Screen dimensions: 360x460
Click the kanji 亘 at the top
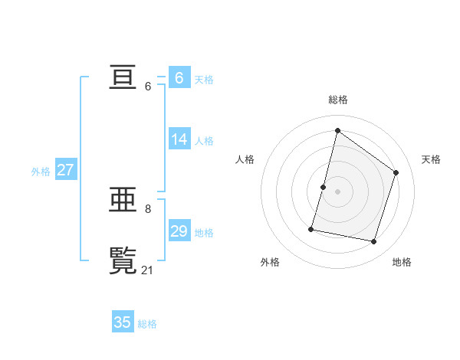click(123, 77)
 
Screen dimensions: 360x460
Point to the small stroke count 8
click(148, 208)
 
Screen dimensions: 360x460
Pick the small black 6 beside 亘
click(148, 86)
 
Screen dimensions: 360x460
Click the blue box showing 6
click(179, 78)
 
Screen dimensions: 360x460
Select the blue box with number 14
click(179, 139)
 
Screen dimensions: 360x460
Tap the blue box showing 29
click(179, 231)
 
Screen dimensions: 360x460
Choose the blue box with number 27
click(65, 170)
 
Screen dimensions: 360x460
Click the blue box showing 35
click(123, 322)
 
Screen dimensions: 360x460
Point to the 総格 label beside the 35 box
click(147, 324)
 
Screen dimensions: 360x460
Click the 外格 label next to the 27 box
click(41, 172)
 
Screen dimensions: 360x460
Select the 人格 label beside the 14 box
click(204, 141)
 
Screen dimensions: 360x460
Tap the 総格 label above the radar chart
click(338, 100)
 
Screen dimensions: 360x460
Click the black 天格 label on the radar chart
click(431, 159)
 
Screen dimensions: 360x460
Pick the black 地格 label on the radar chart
click(402, 262)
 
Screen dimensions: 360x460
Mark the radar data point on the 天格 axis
click(396, 172)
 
